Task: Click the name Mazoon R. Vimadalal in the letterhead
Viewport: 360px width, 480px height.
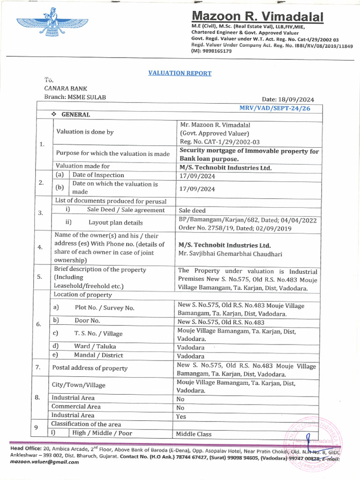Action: pos(257,17)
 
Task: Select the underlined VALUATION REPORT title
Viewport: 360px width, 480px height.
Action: pos(180,73)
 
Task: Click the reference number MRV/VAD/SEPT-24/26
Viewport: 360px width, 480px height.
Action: pos(274,108)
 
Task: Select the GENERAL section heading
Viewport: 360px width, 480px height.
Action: pos(75,115)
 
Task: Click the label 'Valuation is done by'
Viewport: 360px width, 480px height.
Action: pos(85,132)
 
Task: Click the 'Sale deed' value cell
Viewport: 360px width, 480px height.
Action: pos(192,210)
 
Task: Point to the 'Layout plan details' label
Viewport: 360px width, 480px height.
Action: pos(115,223)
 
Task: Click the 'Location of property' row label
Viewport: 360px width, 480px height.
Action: pos(82,295)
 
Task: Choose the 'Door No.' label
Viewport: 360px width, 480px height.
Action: pos(87,321)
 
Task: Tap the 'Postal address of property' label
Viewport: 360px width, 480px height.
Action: pos(90,368)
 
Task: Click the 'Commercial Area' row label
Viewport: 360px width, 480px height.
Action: pos(76,406)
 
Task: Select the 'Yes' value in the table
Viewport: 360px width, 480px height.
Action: pos(181,416)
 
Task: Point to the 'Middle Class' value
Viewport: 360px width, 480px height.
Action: pos(194,434)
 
